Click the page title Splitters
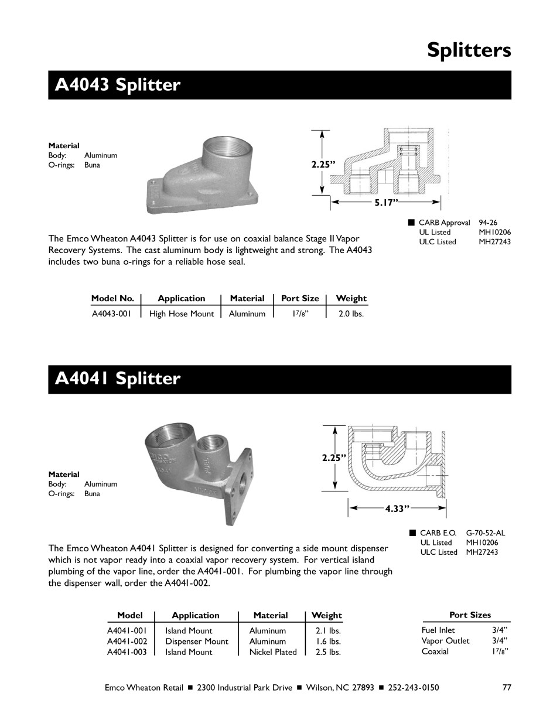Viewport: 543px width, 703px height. click(x=469, y=50)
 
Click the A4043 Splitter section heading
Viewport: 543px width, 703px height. click(x=118, y=86)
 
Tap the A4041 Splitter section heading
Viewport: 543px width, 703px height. click(x=118, y=379)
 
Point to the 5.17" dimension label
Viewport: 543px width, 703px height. click(x=387, y=202)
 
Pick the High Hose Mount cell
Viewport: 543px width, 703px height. click(x=182, y=314)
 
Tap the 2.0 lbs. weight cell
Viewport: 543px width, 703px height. click(x=351, y=314)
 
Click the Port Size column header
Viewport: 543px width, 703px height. click(x=300, y=298)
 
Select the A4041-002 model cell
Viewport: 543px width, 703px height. click(x=127, y=641)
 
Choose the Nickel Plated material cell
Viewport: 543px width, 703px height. click(x=273, y=652)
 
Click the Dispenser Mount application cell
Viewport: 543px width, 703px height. click(x=197, y=641)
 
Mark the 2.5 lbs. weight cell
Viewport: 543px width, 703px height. click(x=327, y=652)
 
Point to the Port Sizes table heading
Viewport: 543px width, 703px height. click(x=470, y=615)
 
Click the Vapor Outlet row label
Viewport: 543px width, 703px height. click(x=445, y=641)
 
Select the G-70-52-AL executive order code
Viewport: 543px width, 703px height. click(x=486, y=533)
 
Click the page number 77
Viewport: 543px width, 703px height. click(x=507, y=688)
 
